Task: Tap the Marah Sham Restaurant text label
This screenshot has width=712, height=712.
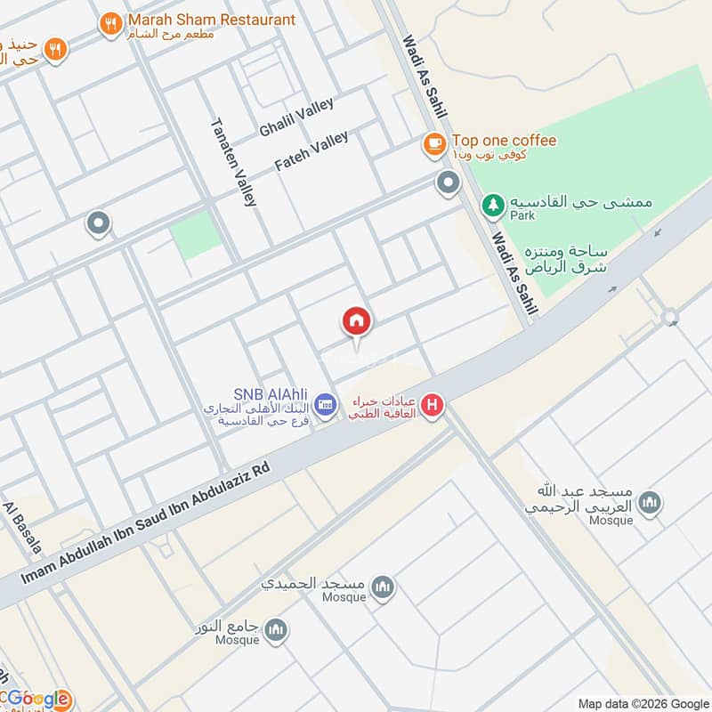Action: (211, 19)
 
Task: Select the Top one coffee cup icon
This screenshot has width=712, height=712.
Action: (433, 143)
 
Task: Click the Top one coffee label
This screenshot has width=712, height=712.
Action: (504, 141)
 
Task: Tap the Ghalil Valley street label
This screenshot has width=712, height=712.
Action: (296, 117)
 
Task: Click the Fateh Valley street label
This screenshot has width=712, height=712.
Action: (311, 151)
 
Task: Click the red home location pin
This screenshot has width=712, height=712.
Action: (356, 322)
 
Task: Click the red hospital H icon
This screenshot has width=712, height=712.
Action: (433, 407)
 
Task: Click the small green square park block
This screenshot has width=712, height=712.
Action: (195, 234)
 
